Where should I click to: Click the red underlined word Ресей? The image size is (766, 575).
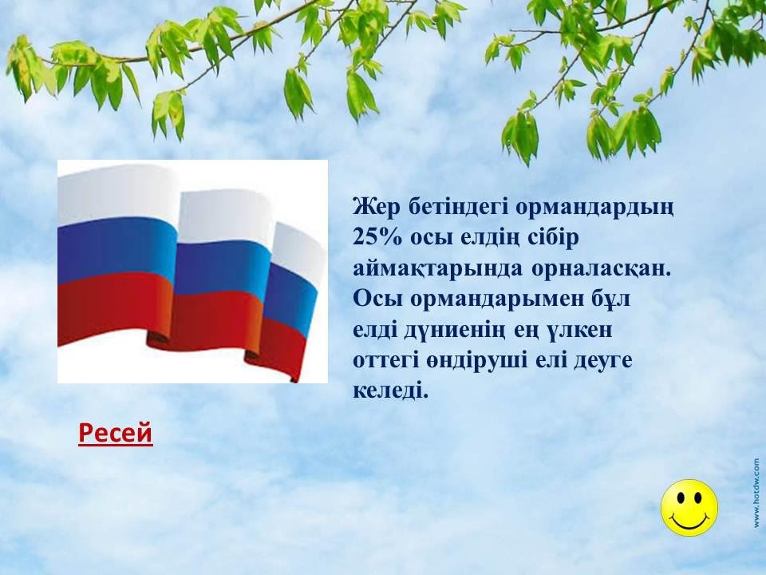(x=115, y=432)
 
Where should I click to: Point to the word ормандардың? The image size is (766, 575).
(x=595, y=208)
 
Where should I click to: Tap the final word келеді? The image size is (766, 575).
(x=390, y=391)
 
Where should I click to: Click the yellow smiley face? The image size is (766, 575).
(x=689, y=508)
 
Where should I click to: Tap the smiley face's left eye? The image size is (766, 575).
(x=680, y=498)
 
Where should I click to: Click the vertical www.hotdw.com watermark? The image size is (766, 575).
(x=756, y=493)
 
